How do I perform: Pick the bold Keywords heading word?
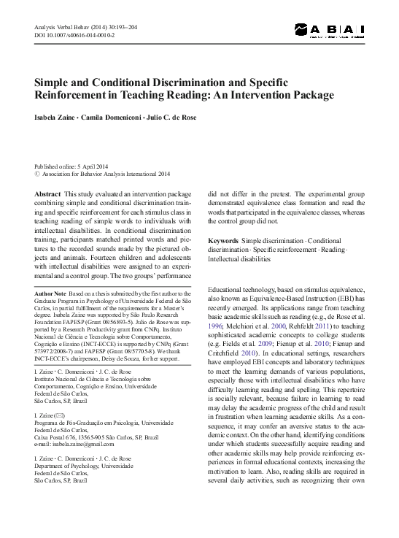click(x=223, y=240)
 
